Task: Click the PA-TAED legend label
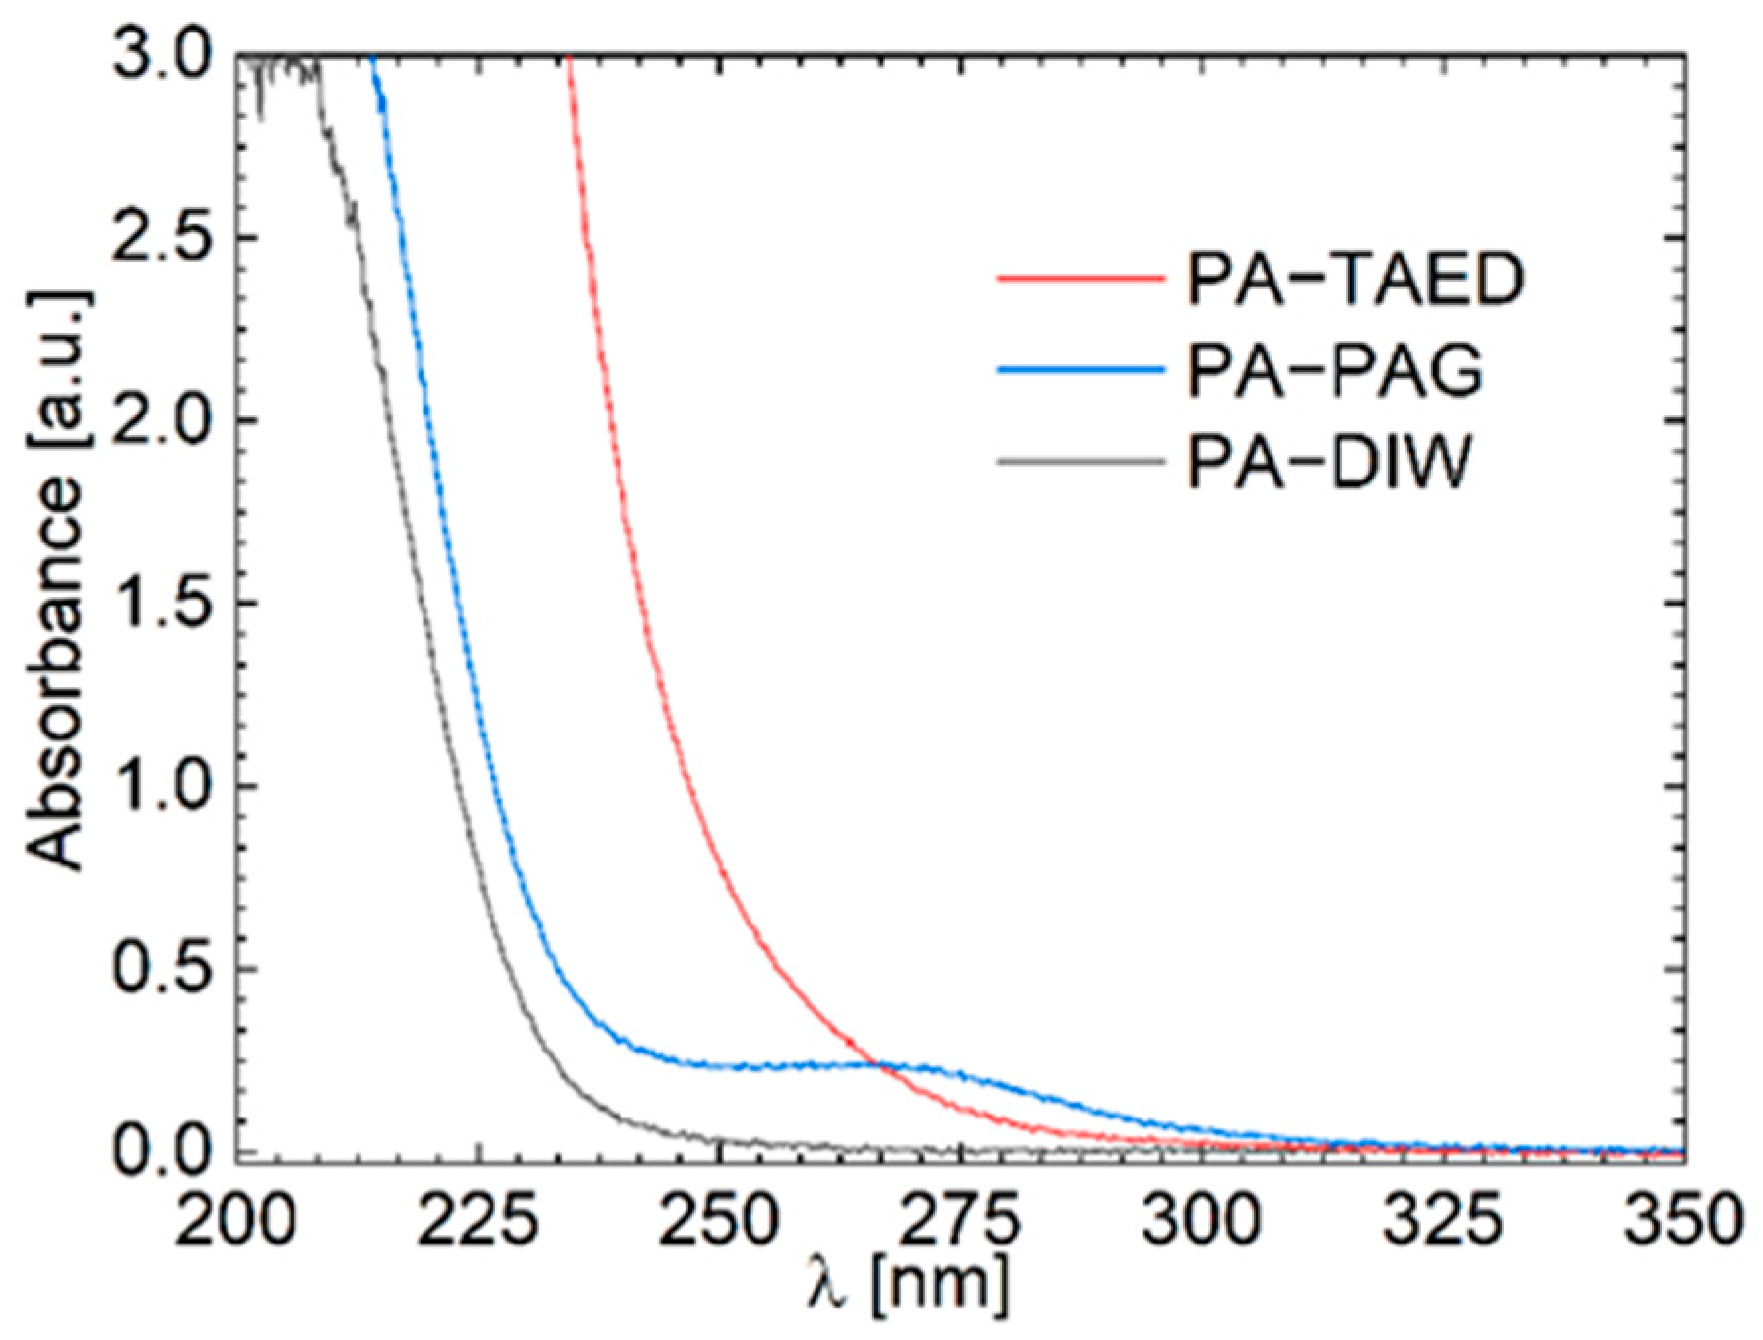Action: tap(1354, 279)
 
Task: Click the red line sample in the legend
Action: tap(1079, 279)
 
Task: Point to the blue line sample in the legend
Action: tap(1079, 370)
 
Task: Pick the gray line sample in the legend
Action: tap(1079, 461)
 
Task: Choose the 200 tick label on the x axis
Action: tap(236, 1221)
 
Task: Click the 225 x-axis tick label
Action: tap(478, 1221)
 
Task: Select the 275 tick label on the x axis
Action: tap(960, 1221)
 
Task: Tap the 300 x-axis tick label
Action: tap(1202, 1221)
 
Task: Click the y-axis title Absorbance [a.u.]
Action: tap(57, 581)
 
